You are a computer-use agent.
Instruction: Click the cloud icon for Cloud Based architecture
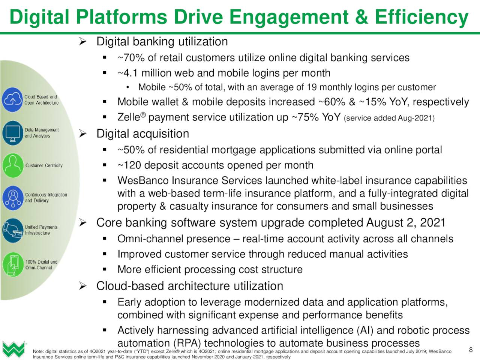point(12,100)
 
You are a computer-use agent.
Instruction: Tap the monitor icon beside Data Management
point(13,133)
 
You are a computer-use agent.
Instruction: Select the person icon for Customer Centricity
point(13,165)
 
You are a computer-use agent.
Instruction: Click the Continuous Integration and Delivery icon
point(13,198)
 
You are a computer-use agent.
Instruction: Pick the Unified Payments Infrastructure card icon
point(13,230)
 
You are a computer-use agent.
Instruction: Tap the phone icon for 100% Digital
point(13,264)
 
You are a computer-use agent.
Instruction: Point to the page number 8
point(471,350)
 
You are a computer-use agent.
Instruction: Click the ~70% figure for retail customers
point(131,58)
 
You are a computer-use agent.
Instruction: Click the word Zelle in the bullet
point(129,117)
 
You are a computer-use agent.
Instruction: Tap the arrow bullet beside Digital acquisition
point(82,133)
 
